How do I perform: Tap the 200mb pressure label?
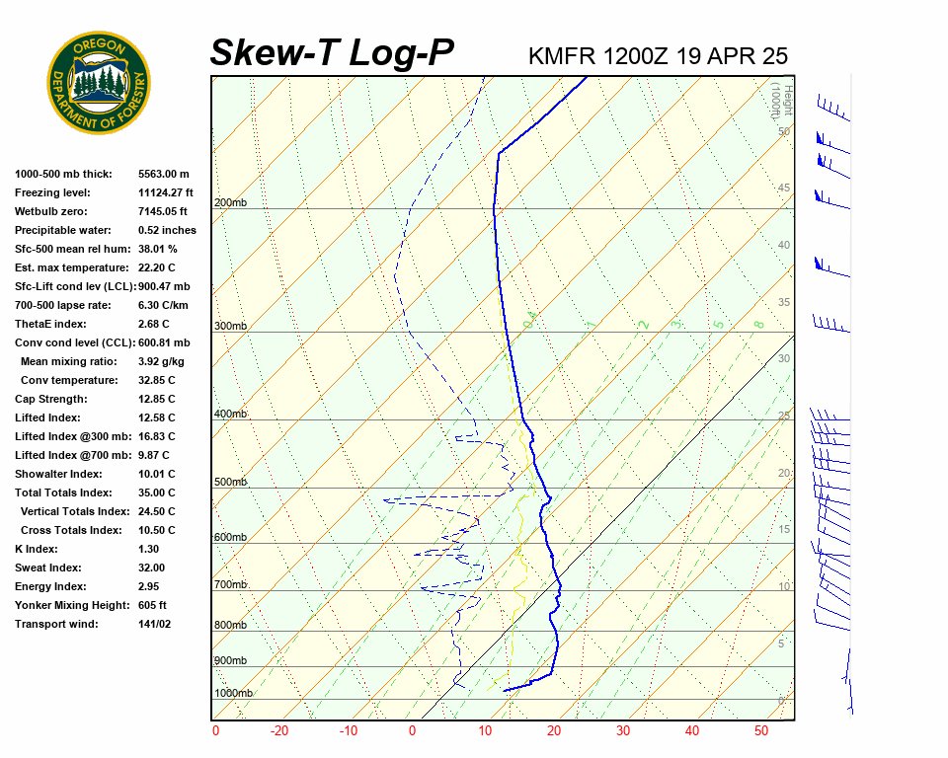pyautogui.click(x=230, y=203)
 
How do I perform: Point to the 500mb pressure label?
pyautogui.click(x=230, y=483)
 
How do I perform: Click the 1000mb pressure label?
pyautogui.click(x=234, y=694)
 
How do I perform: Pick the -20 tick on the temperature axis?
pyautogui.click(x=279, y=731)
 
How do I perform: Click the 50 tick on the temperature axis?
pyautogui.click(x=761, y=731)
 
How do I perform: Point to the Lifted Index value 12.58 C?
pyautogui.click(x=156, y=417)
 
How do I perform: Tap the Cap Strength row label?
pyautogui.click(x=51, y=399)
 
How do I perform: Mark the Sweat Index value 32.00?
pyautogui.click(x=152, y=568)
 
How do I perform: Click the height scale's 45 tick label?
pyautogui.click(x=784, y=189)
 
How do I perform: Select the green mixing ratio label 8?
pyautogui.click(x=758, y=324)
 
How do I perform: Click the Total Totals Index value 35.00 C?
pyautogui.click(x=156, y=493)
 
